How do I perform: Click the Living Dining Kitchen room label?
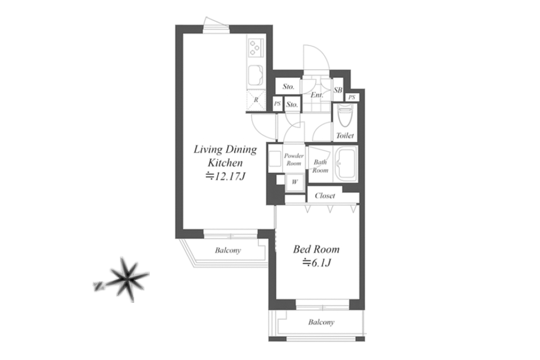tap(225, 156)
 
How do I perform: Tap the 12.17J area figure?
tap(225, 176)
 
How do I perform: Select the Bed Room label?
tap(316, 249)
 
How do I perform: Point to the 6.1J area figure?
tap(316, 263)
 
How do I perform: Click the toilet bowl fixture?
tap(345, 115)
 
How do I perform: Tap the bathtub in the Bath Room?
tap(346, 163)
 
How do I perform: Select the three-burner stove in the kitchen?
tap(256, 48)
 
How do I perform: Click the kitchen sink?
tap(256, 75)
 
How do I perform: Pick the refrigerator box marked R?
tap(256, 100)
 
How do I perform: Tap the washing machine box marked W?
tap(295, 182)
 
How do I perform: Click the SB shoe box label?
tap(338, 90)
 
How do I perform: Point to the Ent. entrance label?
tap(317, 95)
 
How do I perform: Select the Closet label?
tap(325, 196)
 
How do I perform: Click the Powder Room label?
tap(293, 160)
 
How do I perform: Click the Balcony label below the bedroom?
tap(321, 322)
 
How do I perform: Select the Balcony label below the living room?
tap(228, 250)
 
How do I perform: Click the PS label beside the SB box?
tap(352, 97)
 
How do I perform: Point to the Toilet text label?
tap(345, 135)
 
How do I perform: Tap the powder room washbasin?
tap(275, 159)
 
